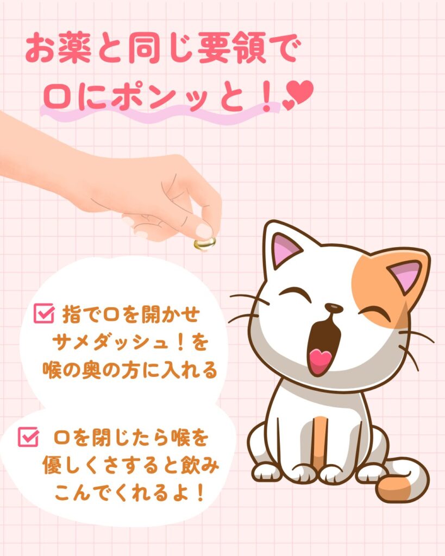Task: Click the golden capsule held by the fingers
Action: click(205, 244)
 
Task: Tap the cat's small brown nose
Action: click(334, 308)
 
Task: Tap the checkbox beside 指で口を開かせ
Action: click(45, 313)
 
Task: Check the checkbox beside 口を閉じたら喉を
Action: click(28, 437)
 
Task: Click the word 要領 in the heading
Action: click(231, 48)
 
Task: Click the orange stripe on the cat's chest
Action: click(319, 440)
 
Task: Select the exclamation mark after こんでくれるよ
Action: click(200, 493)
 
